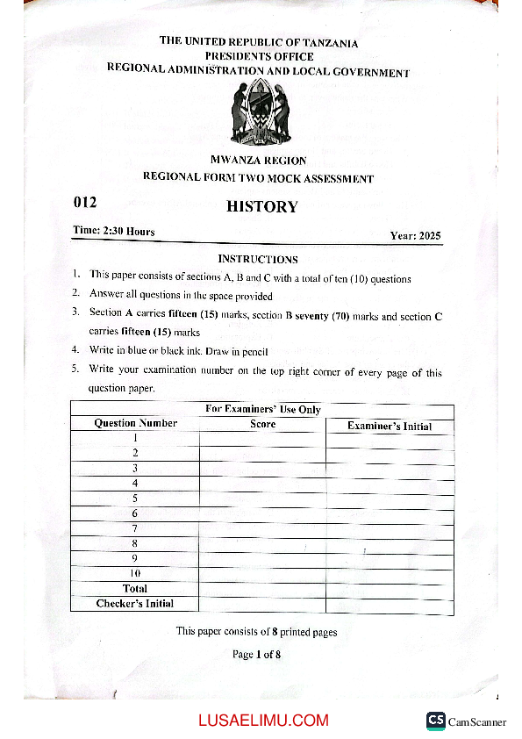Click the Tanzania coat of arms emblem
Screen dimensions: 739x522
tap(259, 113)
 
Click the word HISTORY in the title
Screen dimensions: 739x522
tap(262, 207)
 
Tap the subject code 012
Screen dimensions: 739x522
tap(84, 203)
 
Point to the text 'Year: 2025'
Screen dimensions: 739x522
tap(415, 235)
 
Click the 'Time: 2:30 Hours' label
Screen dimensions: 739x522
tap(114, 231)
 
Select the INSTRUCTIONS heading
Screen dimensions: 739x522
tap(258, 259)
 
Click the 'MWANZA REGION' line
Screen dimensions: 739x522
tap(259, 161)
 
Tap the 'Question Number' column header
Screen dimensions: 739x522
tap(135, 423)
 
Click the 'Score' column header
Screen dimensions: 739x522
tap(262, 424)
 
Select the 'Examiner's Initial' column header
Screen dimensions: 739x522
tap(390, 427)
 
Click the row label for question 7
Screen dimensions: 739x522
tap(135, 528)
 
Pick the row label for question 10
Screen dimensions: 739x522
tap(135, 573)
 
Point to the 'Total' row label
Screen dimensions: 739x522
tap(135, 588)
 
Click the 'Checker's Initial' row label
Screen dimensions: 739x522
tap(135, 604)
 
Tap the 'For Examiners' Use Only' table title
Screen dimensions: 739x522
tap(262, 409)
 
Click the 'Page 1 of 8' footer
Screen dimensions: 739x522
tap(256, 654)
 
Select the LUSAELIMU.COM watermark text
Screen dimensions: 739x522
tap(263, 721)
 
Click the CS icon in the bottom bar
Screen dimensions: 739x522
tap(436, 720)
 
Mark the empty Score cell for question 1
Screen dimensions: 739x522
tap(262, 438)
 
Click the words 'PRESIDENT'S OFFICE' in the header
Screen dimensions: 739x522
tap(259, 56)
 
